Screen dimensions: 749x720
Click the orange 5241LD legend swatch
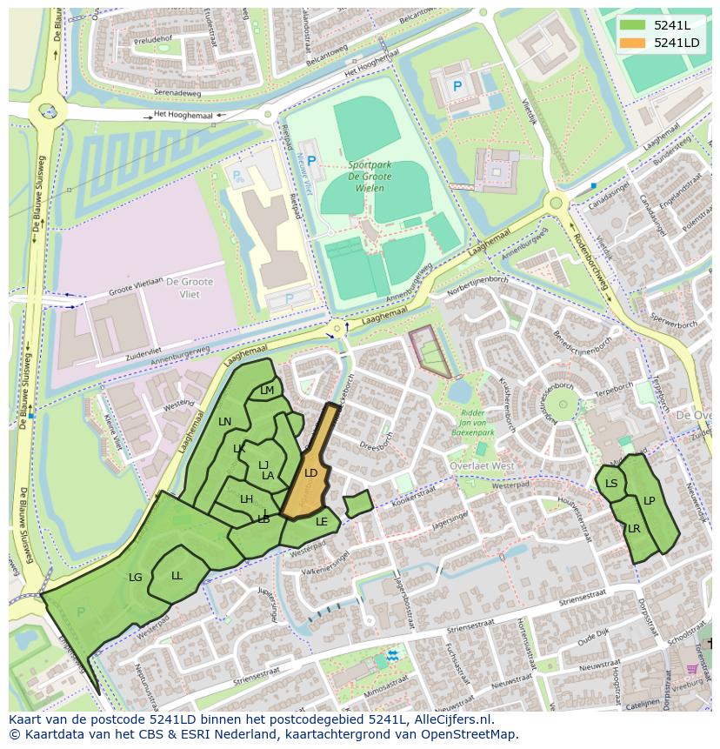[633, 43]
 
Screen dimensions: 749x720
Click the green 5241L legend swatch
[633, 25]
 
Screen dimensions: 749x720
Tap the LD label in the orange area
[310, 473]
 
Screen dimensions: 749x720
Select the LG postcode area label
[135, 577]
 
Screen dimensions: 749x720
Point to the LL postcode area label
[177, 575]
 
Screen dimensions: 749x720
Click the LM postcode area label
[267, 391]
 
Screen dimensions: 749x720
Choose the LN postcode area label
[224, 422]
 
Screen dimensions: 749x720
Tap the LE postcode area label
[322, 522]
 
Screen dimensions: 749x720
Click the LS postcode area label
[611, 484]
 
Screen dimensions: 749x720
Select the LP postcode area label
[649, 501]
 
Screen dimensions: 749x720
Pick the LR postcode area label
[634, 529]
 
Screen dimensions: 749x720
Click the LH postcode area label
[246, 499]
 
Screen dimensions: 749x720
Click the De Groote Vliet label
[183, 288]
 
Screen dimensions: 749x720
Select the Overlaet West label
[483, 465]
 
